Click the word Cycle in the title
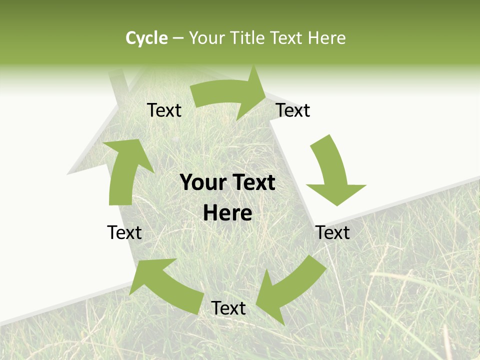pos(146,38)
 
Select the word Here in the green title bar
pos(326,38)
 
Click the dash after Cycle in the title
pos(178,38)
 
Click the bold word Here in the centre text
pos(227,213)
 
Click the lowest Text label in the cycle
pos(228,308)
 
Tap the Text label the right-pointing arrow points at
pos(293,110)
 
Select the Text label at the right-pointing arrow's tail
pos(164,110)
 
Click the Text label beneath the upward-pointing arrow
pos(124,232)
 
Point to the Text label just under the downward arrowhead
pos(333,232)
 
